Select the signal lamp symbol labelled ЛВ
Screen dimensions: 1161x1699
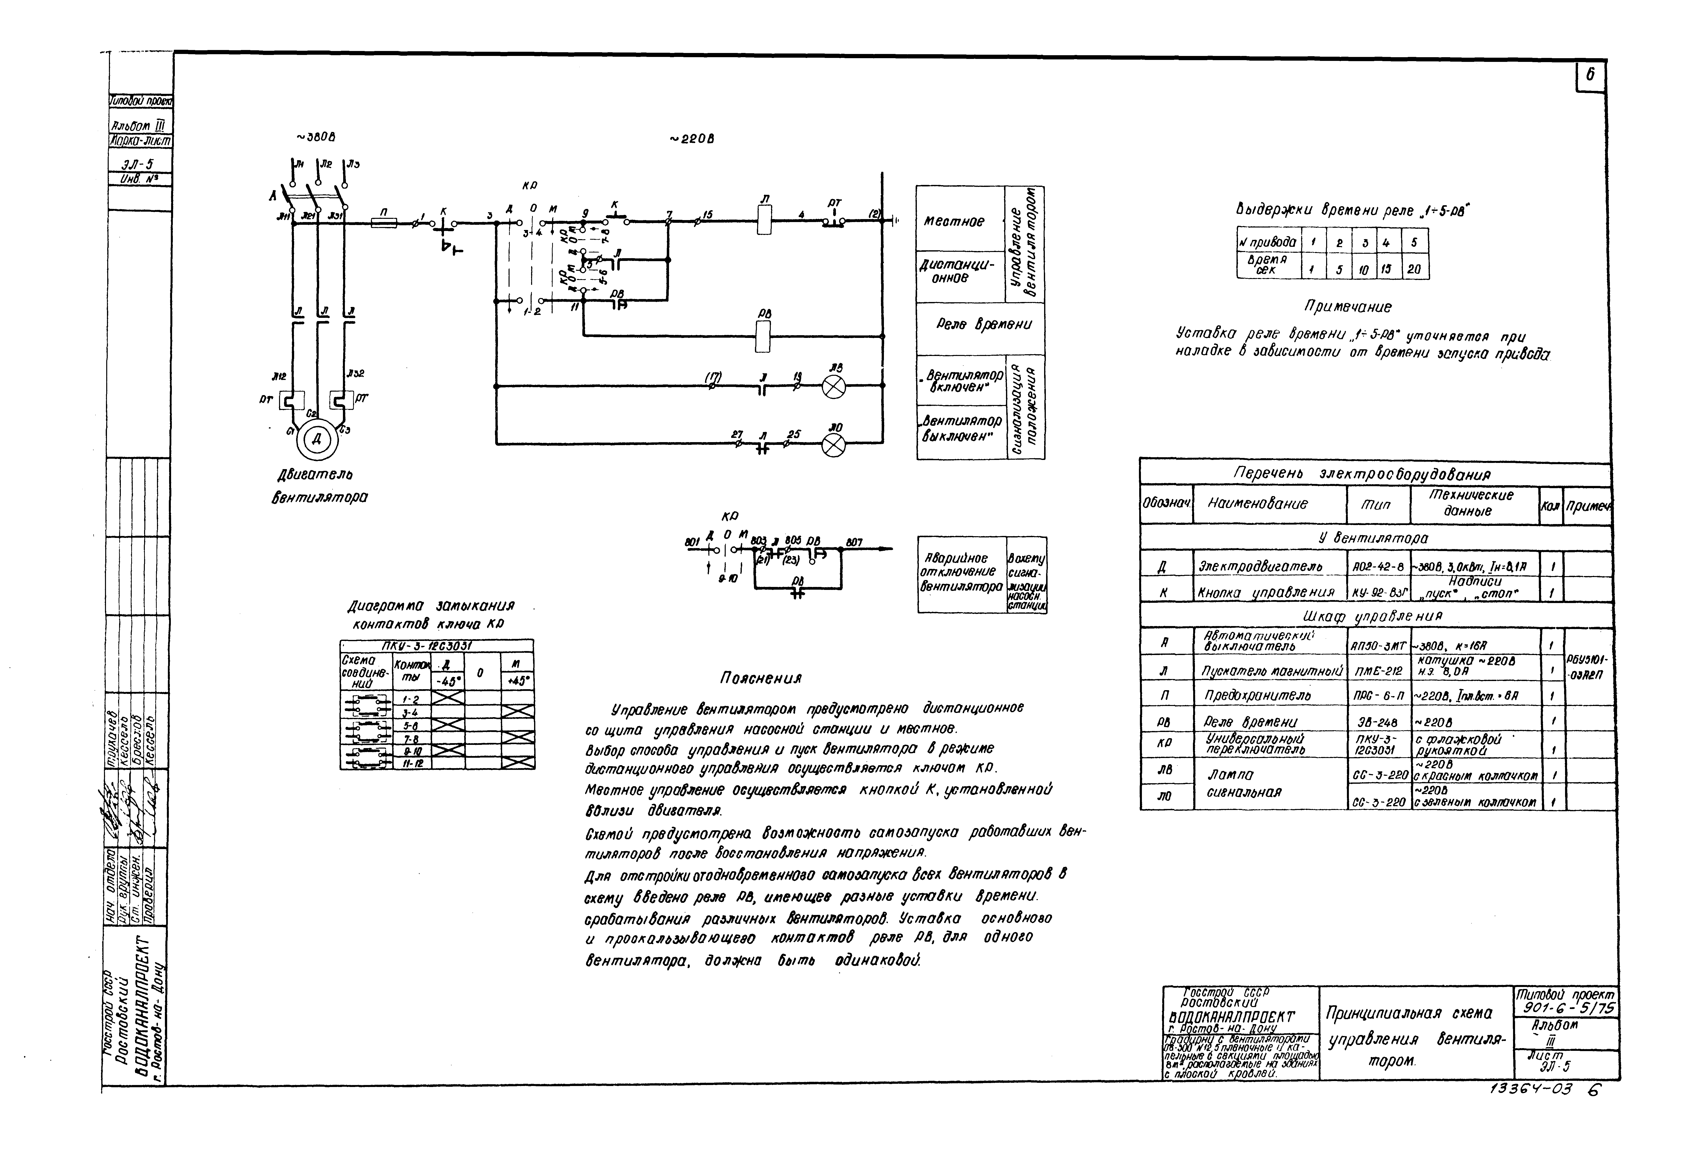pos(833,386)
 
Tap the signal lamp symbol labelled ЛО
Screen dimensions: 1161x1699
pos(833,445)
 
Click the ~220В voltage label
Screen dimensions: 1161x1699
pos(692,140)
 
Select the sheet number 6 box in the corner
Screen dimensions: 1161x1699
pos(1590,77)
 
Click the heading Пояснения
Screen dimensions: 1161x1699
pos(760,678)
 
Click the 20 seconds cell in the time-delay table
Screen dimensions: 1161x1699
pos(1414,269)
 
